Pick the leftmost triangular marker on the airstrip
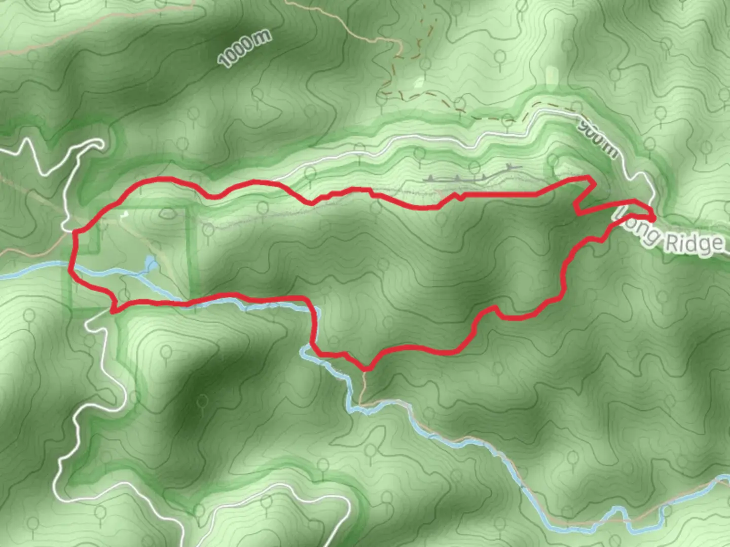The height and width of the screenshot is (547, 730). (430, 178)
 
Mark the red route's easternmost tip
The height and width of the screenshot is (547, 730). (654, 217)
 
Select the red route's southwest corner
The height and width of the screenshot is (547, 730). (113, 310)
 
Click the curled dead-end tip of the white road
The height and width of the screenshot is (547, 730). (99, 145)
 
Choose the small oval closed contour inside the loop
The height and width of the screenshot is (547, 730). (167, 214)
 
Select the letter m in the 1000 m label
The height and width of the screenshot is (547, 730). (264, 37)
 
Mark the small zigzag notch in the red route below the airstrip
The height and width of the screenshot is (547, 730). (459, 196)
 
